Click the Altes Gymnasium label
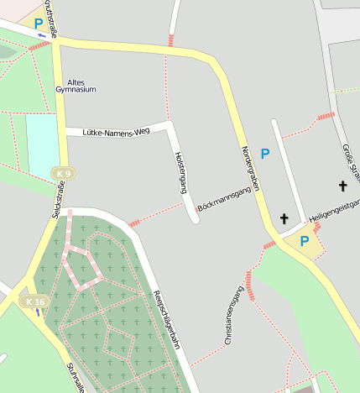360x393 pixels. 76,85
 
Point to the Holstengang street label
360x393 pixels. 180,172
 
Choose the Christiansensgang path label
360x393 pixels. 234,316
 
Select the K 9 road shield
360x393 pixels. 61,174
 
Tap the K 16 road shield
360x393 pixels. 35,301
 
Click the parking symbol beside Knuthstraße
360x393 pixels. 38,24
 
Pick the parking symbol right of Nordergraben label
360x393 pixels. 265,154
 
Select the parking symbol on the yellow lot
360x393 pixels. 305,242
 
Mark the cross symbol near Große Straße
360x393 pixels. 342,186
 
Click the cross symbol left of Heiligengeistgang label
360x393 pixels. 284,219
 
